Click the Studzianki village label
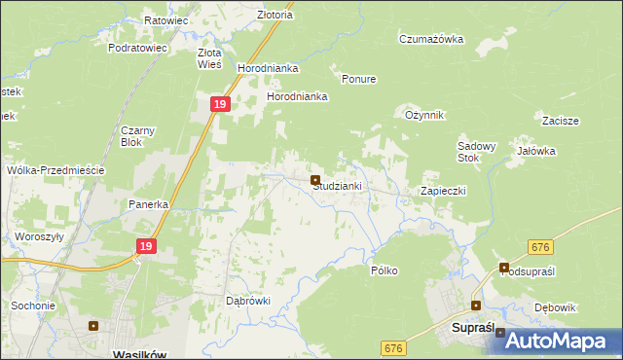point(338,187)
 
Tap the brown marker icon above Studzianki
point(315,180)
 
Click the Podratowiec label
point(138,47)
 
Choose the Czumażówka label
point(431,40)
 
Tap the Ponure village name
point(359,79)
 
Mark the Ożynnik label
point(424,115)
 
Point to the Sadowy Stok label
point(477,152)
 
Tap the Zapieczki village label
point(443,191)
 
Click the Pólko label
point(385,270)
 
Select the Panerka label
point(150,205)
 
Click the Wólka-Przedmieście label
point(55,169)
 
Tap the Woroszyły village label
point(39,236)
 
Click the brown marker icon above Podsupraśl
point(504,267)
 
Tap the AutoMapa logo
point(557,341)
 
